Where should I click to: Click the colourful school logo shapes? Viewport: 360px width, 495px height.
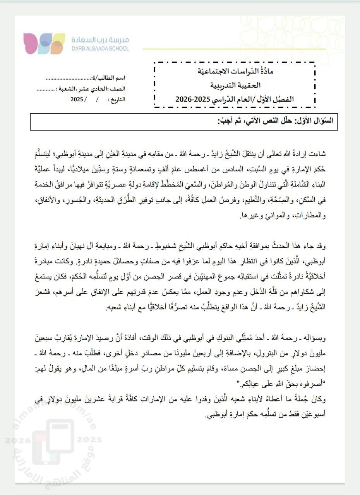44,43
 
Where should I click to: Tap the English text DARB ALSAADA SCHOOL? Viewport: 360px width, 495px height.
100,49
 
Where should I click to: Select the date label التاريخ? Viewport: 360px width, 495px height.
118,99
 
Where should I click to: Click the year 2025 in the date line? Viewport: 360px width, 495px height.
77,99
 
